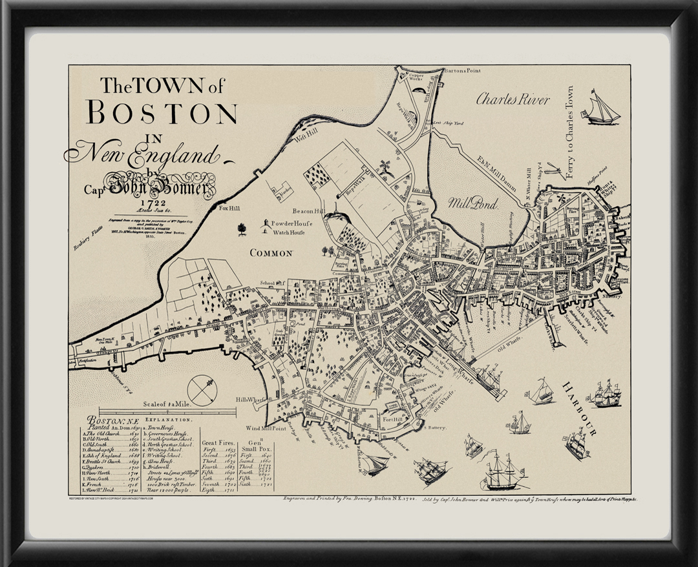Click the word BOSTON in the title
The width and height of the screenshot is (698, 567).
click(x=162, y=112)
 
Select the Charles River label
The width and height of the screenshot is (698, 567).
click(x=513, y=99)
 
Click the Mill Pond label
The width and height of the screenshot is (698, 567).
click(x=473, y=204)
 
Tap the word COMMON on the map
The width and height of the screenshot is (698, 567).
click(x=271, y=253)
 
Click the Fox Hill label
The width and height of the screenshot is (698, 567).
click(x=229, y=209)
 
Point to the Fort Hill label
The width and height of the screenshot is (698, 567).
click(x=393, y=419)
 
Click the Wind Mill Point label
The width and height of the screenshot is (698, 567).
click(x=266, y=428)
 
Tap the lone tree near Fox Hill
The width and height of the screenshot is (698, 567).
click(x=242, y=229)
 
